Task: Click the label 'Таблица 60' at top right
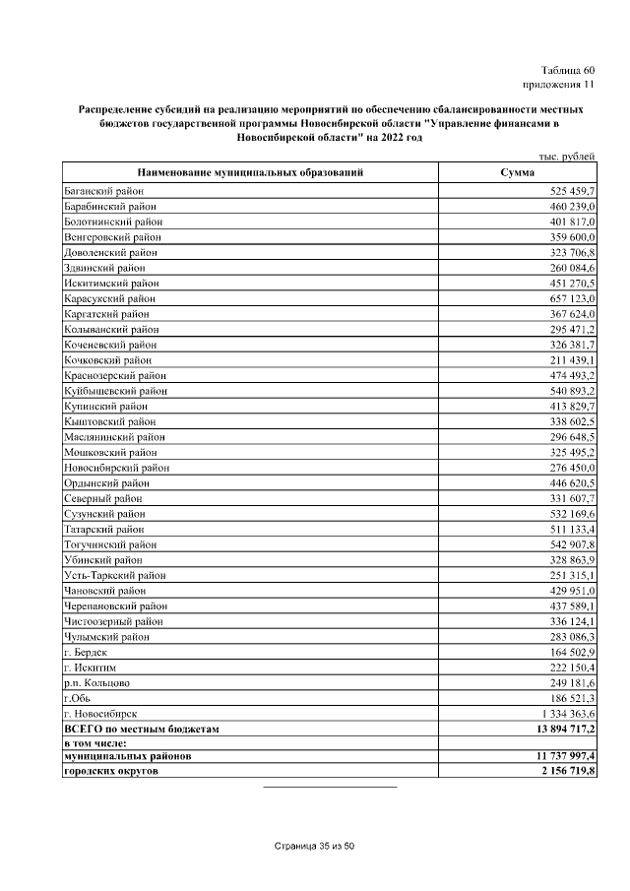[568, 70]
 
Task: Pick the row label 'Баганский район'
[103, 189]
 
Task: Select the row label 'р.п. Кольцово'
[96, 681]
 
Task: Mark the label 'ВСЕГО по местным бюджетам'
[140, 728]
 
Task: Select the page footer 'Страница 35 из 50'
[314, 847]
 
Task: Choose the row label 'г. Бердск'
[85, 651]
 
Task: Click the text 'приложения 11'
[559, 86]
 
